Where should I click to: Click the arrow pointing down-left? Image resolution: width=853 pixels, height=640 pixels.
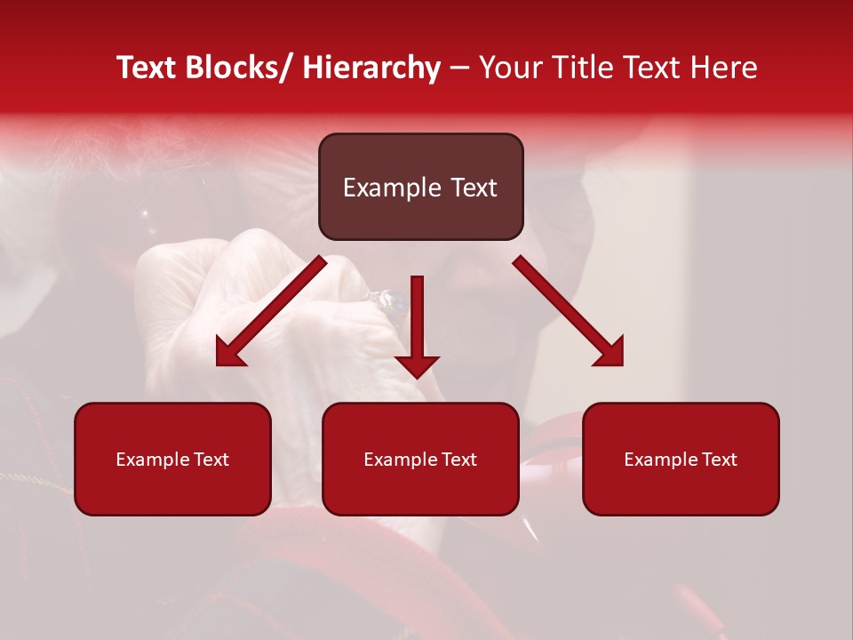272,311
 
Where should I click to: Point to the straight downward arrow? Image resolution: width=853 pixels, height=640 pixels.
417,324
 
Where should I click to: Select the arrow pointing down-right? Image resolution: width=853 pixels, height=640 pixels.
569,311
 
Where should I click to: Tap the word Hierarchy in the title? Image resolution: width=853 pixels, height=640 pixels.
371,68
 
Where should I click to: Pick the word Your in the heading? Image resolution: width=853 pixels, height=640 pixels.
511,68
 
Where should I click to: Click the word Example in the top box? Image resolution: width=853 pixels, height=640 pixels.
392,188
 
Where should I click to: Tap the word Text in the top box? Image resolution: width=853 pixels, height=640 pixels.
473,188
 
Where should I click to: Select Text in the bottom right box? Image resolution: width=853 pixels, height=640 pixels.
719,460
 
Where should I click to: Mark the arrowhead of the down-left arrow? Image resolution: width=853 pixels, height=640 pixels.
229,354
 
